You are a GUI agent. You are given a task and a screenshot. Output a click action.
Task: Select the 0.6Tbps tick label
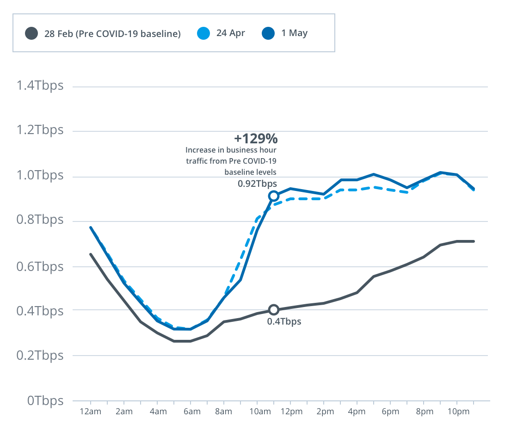pos(40,267)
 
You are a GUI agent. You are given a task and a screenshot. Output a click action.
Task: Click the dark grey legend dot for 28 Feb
pos(31,33)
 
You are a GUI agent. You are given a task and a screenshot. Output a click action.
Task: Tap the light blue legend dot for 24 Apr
pos(203,33)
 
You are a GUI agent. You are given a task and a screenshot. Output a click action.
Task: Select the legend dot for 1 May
pos(268,33)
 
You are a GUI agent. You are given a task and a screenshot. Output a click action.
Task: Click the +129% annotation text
pos(256,138)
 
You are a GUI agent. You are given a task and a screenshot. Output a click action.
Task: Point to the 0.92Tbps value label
pos(257,183)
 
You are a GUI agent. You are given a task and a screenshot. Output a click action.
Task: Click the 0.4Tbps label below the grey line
pos(284,321)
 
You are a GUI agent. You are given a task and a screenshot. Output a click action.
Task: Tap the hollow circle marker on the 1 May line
pos(274,196)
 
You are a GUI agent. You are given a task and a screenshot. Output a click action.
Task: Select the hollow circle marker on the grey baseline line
pos(274,310)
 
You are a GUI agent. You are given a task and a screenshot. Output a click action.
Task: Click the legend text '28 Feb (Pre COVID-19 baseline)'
pos(112,33)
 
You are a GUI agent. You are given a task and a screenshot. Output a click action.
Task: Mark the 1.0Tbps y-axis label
pos(40,176)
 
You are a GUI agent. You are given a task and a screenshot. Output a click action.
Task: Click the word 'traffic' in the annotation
pos(197,161)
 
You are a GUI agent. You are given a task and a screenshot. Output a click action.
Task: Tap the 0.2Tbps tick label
pos(40,356)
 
